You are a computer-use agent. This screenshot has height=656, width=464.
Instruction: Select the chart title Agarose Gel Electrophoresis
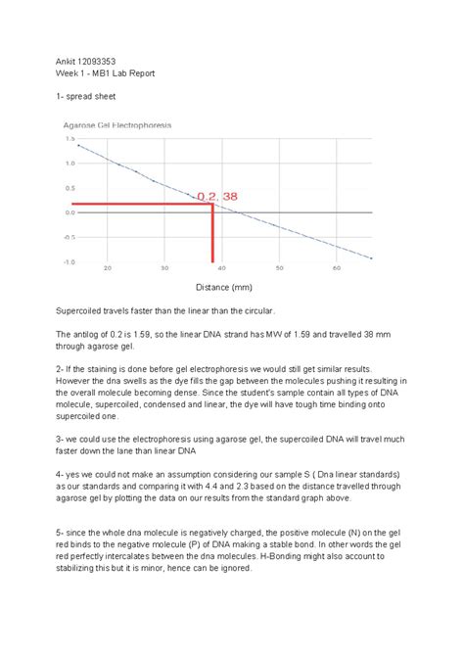116,126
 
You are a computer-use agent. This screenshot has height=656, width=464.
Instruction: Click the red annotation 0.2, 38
217,196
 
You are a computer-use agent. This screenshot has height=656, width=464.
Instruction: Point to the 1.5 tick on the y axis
70,139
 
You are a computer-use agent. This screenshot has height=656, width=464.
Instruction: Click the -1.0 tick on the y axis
70,261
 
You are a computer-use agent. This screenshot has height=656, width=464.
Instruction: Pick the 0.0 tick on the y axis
70,212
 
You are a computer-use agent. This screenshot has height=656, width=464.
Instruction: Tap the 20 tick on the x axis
107,268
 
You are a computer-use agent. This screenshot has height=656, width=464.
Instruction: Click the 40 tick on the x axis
222,268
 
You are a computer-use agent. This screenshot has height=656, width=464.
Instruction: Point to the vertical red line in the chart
212,235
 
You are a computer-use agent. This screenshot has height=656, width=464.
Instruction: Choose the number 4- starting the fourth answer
64,474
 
